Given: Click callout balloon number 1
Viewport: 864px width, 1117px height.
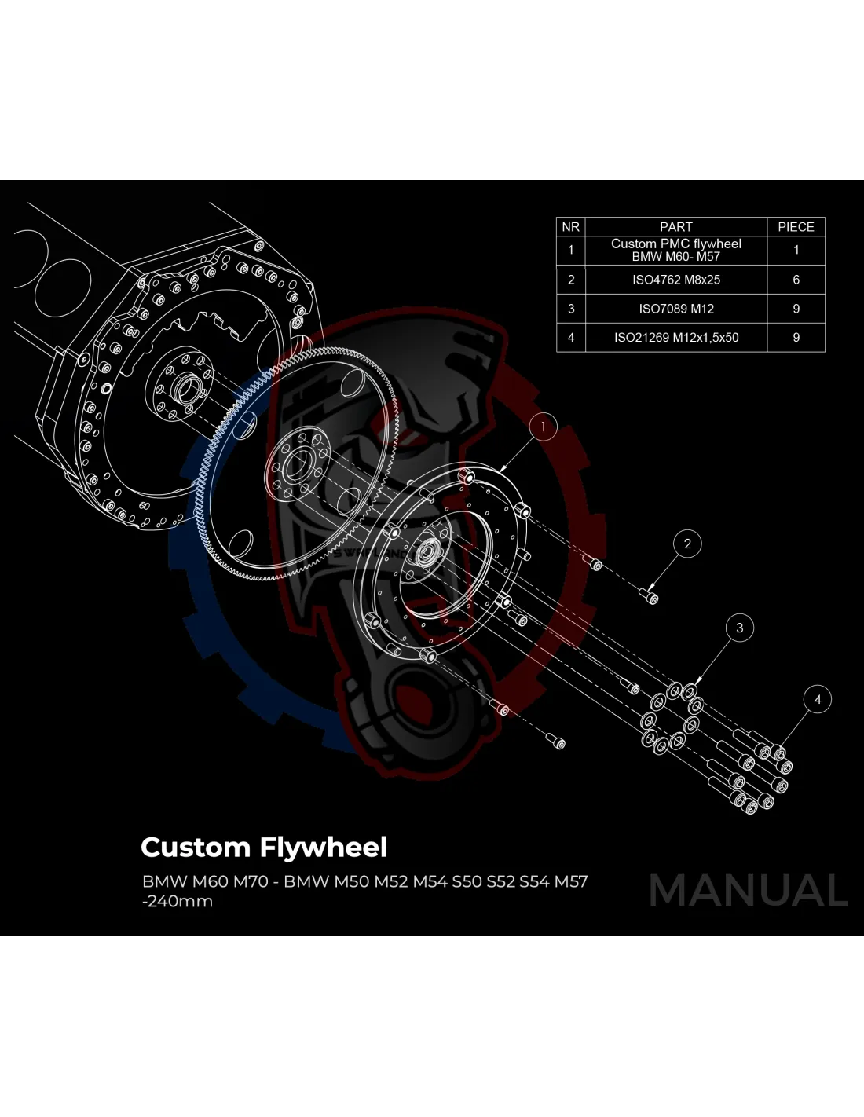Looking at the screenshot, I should click(543, 427).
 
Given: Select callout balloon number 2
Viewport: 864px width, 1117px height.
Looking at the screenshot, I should click(687, 544).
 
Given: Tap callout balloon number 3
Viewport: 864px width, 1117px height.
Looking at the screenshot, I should click(739, 628).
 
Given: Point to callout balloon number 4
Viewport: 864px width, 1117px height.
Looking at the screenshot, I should click(818, 699).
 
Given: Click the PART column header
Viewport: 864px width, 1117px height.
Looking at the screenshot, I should click(675, 227).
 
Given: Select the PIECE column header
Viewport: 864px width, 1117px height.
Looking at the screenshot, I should click(796, 227).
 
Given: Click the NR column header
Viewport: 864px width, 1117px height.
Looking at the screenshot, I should click(571, 227).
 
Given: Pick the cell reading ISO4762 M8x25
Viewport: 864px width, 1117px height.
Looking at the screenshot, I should click(675, 280).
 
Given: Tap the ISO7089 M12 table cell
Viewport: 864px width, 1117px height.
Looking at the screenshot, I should click(675, 309).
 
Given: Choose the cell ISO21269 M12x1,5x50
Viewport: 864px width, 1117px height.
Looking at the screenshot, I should click(675, 338).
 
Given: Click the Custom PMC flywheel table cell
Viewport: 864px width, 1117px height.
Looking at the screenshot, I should click(675, 250).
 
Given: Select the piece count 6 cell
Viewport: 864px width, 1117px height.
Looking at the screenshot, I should click(796, 280).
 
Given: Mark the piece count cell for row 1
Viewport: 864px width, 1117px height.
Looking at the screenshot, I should click(796, 250).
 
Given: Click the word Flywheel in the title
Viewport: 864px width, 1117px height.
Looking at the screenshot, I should click(324, 848).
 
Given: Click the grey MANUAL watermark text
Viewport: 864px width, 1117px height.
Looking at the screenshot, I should click(749, 891).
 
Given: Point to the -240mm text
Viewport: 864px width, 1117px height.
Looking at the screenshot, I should click(178, 902).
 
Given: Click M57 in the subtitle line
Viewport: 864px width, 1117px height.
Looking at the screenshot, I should click(571, 881).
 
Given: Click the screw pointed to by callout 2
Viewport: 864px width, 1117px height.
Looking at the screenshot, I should click(652, 598).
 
